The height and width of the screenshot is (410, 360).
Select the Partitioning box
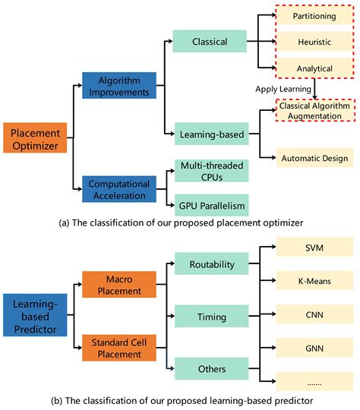[314, 14]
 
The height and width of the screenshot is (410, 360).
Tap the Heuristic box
[314, 41]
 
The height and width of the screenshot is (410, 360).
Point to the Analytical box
[314, 68]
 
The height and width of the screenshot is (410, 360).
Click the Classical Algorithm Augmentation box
[314, 112]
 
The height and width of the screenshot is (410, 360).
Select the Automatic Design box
[314, 157]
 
